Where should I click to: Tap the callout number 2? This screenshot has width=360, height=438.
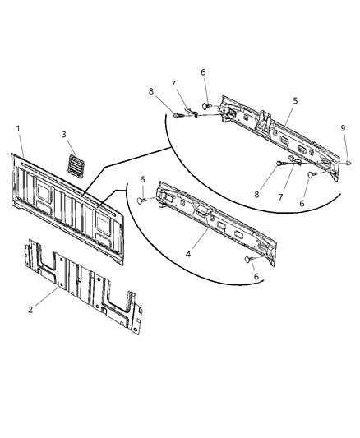tap(31, 310)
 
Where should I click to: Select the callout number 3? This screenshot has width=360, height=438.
tap(63, 135)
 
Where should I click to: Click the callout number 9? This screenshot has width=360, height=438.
tap(344, 128)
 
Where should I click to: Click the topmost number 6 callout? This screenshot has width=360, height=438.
tap(203, 72)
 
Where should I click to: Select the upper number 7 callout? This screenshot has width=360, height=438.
tap(173, 83)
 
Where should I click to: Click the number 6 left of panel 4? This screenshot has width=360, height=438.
tap(142, 180)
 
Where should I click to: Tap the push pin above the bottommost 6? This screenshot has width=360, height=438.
tap(247, 260)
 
